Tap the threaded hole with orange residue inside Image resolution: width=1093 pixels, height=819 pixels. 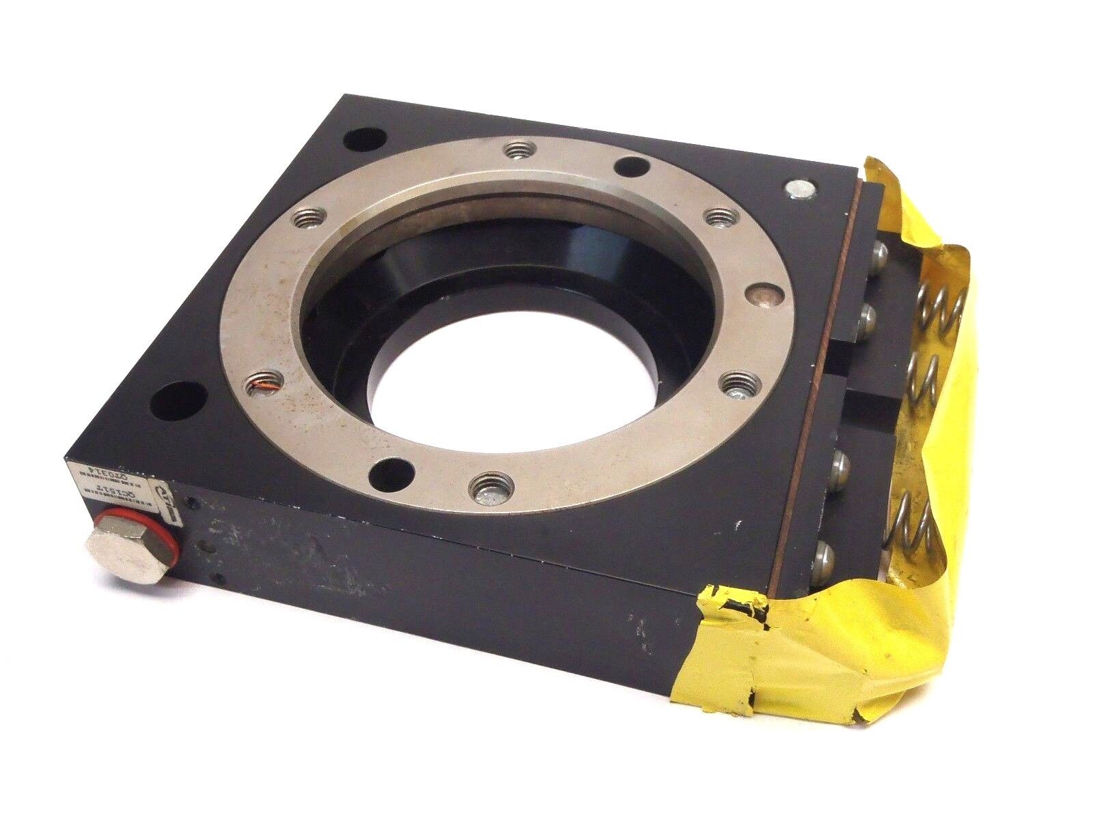pos(262,386)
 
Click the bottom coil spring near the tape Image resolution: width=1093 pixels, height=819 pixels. pos(912,539)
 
